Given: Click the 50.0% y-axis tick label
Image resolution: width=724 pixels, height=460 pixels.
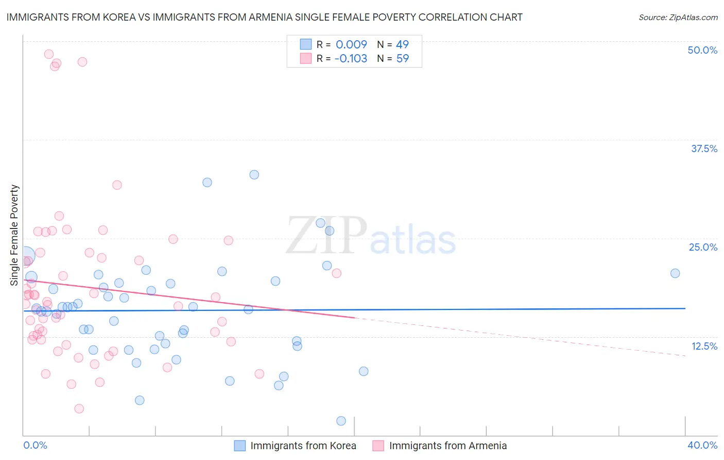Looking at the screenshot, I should pyautogui.click(x=702, y=50).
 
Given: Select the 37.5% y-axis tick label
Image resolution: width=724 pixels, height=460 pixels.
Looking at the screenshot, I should pyautogui.click(x=704, y=149).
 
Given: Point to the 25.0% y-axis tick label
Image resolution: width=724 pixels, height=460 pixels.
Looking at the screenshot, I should pyautogui.click(x=703, y=247).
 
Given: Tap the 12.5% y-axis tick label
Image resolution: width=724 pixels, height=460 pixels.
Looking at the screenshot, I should pyautogui.click(x=704, y=346).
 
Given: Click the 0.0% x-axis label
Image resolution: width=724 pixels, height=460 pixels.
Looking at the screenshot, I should pyautogui.click(x=35, y=445).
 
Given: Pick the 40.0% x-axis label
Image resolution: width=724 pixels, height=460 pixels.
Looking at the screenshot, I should pyautogui.click(x=702, y=445).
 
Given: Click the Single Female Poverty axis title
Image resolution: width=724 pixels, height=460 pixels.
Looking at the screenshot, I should pyautogui.click(x=14, y=235).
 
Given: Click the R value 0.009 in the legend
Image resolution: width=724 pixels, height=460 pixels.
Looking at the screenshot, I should pyautogui.click(x=351, y=44).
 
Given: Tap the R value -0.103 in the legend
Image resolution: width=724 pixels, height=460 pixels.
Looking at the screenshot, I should pyautogui.click(x=351, y=58).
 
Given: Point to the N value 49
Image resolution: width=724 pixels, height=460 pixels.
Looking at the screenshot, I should pyautogui.click(x=402, y=44).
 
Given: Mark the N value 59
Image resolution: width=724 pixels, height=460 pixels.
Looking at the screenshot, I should pyautogui.click(x=402, y=58).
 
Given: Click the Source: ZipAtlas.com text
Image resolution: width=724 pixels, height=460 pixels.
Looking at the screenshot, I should pyautogui.click(x=678, y=17).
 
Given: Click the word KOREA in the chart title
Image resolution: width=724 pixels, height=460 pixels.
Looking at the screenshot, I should pyautogui.click(x=116, y=17).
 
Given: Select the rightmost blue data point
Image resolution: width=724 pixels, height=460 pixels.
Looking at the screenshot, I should pyautogui.click(x=675, y=273).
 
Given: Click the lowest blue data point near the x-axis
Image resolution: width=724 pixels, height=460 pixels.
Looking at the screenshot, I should pyautogui.click(x=341, y=421).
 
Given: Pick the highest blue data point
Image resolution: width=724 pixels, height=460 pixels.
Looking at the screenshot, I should pyautogui.click(x=254, y=175).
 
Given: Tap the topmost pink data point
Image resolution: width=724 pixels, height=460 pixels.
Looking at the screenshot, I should pyautogui.click(x=49, y=54).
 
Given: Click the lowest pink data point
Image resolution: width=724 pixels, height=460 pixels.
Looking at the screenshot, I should pyautogui.click(x=79, y=408).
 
